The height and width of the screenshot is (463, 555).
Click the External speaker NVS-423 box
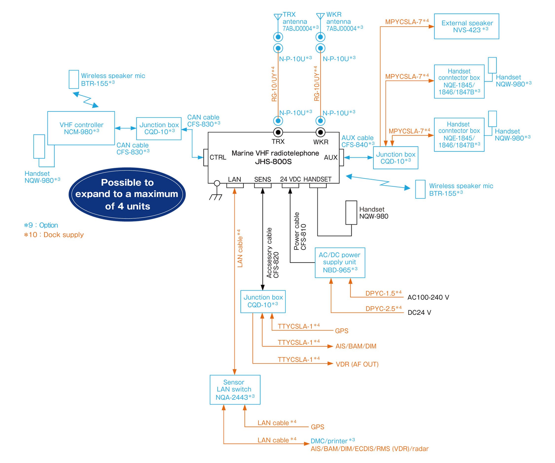click(x=466, y=26)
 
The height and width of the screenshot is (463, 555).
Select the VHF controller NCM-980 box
click(x=81, y=128)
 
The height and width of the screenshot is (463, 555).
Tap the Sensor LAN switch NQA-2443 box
click(x=235, y=389)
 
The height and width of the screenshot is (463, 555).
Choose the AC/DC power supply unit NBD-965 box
click(x=340, y=262)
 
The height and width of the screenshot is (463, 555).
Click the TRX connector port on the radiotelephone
click(x=278, y=132)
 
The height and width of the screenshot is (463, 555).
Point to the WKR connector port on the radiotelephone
click(x=321, y=132)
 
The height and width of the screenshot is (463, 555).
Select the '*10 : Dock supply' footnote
click(x=54, y=235)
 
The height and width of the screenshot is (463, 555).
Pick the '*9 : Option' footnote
click(x=41, y=225)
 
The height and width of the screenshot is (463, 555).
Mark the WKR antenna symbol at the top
click(x=320, y=16)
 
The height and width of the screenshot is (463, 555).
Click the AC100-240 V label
click(x=428, y=297)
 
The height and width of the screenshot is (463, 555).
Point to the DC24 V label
click(x=419, y=312)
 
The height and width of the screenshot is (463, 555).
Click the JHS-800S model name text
click(x=273, y=162)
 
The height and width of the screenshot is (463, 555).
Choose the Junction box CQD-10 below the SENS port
click(x=263, y=301)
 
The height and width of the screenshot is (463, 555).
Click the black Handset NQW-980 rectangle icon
click(x=351, y=212)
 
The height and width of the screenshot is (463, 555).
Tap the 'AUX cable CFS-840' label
click(x=358, y=141)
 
